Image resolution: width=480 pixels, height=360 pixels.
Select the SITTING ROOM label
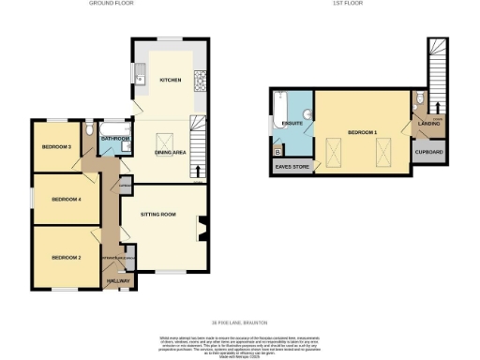[157, 215]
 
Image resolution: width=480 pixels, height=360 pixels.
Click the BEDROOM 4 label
[66, 200]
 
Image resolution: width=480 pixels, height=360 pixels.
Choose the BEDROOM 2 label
[66, 257]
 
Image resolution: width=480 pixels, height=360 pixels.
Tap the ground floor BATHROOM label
[115, 139]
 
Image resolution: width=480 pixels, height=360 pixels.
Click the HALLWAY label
[119, 281]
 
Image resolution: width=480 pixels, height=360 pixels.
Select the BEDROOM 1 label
[362, 133]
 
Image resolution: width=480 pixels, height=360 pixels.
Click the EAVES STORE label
[291, 168]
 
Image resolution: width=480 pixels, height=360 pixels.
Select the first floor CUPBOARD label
[430, 153]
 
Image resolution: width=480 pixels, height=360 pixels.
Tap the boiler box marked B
[277, 150]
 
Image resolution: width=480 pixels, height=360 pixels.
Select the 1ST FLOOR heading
[354, 4]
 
